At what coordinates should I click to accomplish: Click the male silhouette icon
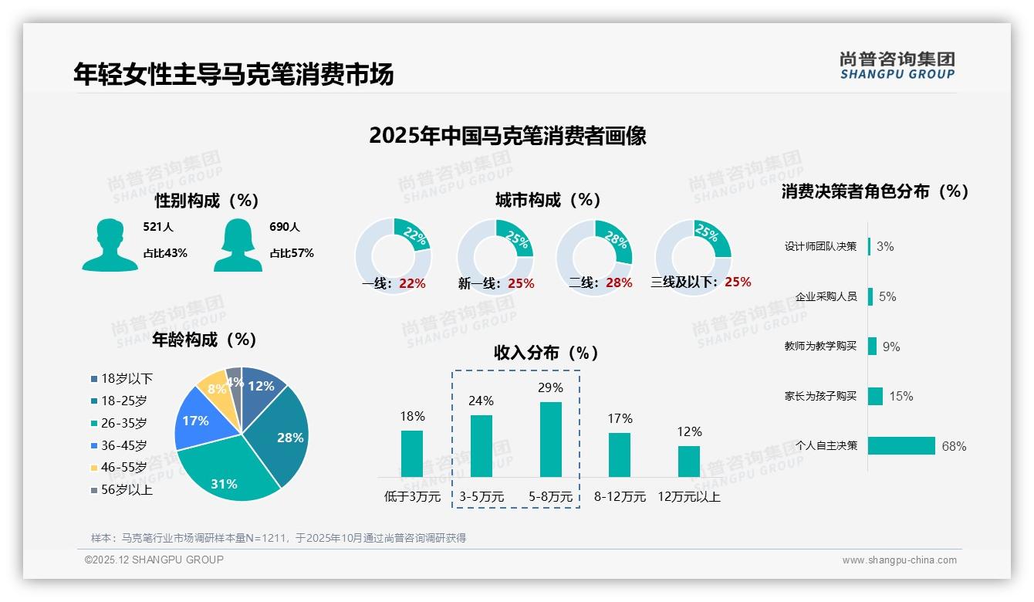[110, 245]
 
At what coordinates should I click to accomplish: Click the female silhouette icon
[237, 245]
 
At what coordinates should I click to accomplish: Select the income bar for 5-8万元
[550, 439]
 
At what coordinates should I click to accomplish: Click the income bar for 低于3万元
[412, 453]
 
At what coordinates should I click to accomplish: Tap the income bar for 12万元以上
[689, 461]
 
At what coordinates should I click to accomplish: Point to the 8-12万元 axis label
[620, 497]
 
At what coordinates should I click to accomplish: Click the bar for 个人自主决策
[901, 445]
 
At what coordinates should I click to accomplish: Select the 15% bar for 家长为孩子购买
[875, 396]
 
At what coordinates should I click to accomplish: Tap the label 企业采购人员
[826, 296]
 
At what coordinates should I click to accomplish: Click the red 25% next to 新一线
[521, 284]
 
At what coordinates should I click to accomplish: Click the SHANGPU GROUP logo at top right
[897, 66]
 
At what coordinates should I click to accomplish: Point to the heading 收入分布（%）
[546, 353]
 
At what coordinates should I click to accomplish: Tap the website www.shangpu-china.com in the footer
[899, 560]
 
